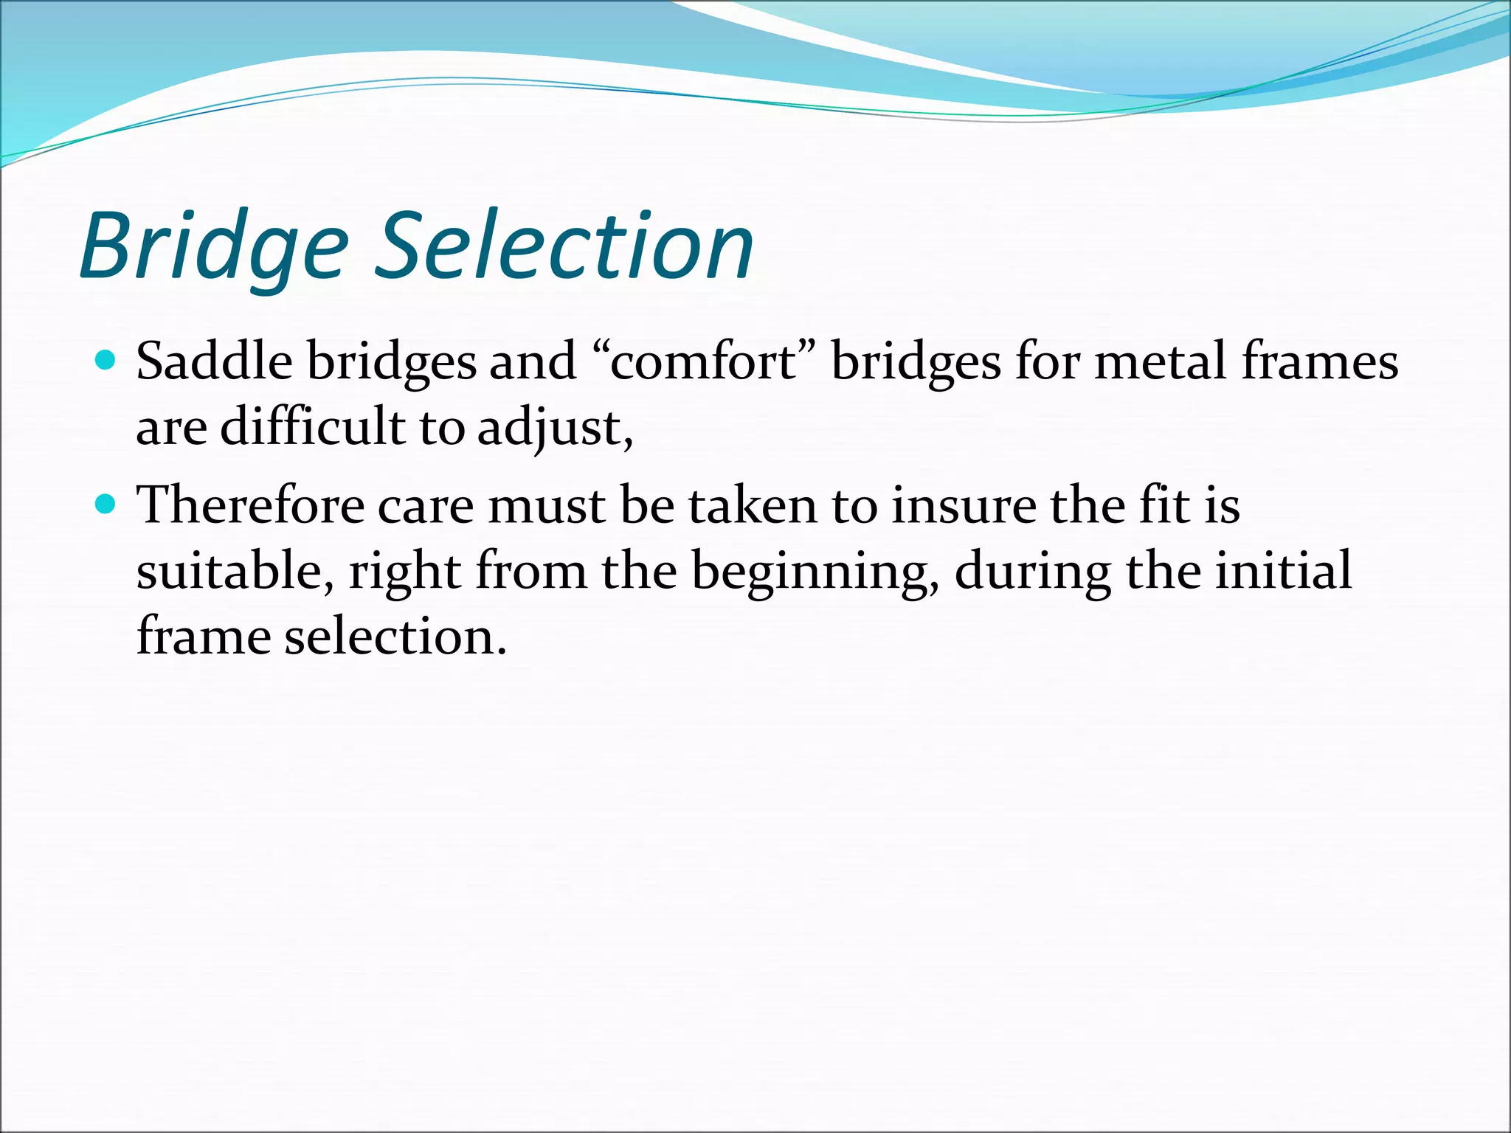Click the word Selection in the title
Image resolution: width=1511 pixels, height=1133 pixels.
pos(564,247)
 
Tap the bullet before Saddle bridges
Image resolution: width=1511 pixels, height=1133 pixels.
pos(106,361)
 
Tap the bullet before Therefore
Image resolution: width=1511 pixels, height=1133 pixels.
pos(106,505)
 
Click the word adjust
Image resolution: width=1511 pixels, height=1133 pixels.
pos(550,428)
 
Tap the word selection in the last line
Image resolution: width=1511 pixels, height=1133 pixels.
pos(395,636)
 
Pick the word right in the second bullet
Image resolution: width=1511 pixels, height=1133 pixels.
pos(404,572)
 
